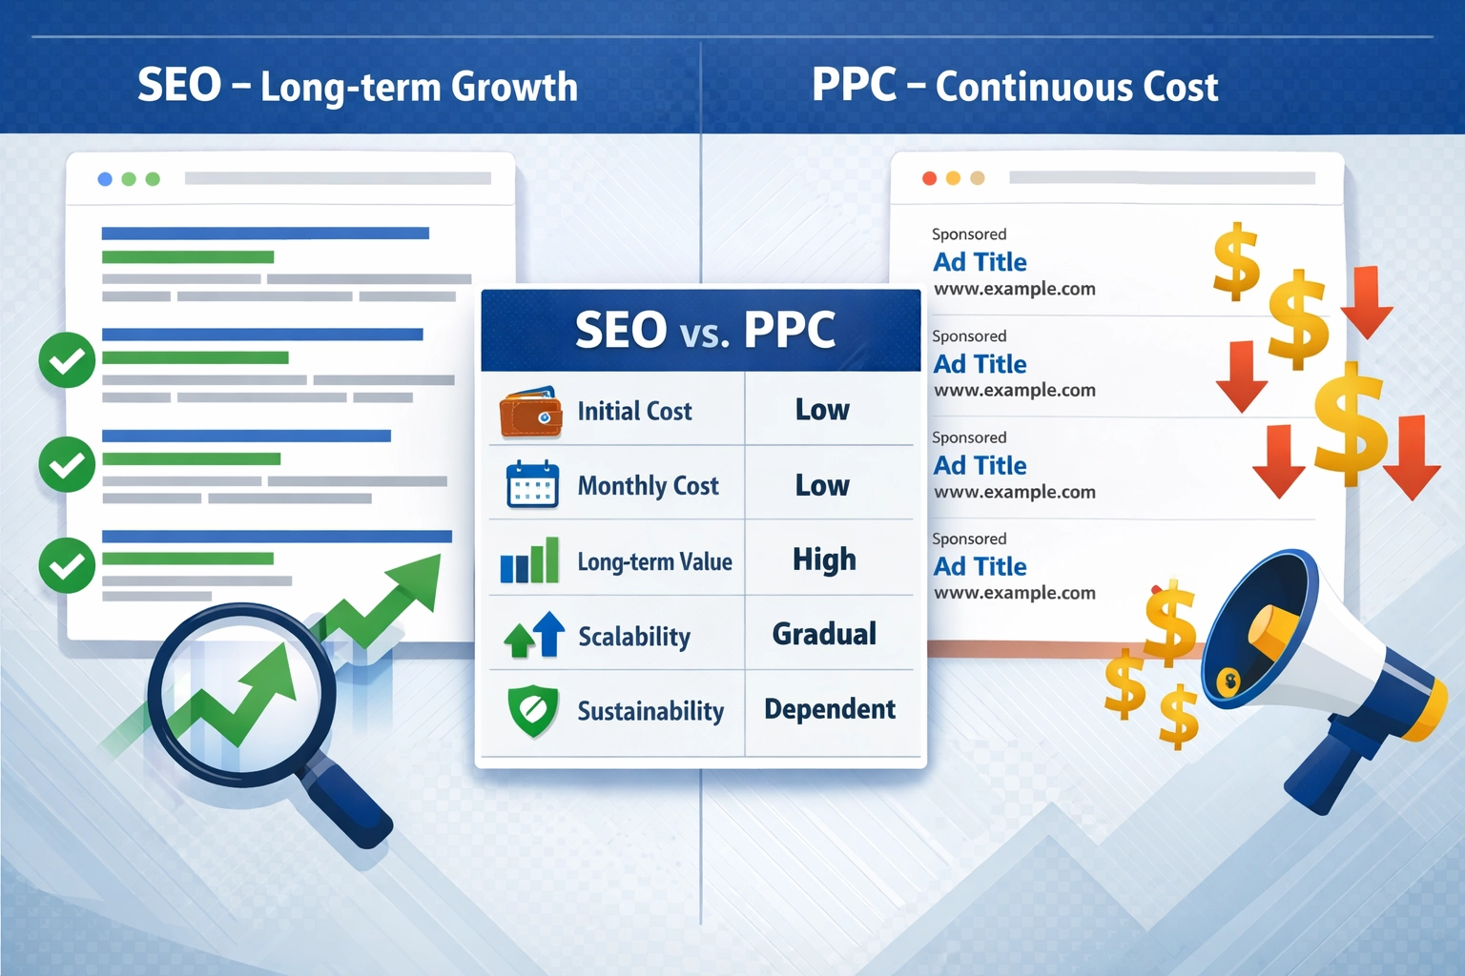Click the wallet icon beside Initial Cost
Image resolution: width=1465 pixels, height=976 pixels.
[x=530, y=412]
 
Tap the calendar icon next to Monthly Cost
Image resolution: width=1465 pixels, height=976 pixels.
[x=532, y=484]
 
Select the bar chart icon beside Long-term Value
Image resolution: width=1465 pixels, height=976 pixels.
[x=530, y=560]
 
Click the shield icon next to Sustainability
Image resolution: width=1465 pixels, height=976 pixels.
[x=533, y=711]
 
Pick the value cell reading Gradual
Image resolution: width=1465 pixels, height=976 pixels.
[x=824, y=634]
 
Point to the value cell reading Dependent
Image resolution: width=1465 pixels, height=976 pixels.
[x=829, y=709]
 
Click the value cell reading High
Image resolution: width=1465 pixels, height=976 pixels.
[x=824, y=559]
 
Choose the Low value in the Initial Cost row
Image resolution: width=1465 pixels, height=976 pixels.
[x=822, y=410]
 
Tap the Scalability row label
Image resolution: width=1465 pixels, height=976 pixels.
[x=634, y=636]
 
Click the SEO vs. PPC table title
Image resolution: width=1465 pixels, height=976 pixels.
[x=704, y=331]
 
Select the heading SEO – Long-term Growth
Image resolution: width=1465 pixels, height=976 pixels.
[x=358, y=87]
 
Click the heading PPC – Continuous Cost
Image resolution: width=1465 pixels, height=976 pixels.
[x=1014, y=87]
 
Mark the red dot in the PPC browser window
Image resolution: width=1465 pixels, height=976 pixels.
[x=929, y=178]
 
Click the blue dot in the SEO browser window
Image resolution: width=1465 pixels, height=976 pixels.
[x=105, y=179]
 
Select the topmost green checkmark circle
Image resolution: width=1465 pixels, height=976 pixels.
[x=67, y=360]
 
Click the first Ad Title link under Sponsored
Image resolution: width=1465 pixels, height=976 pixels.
[x=980, y=262]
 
